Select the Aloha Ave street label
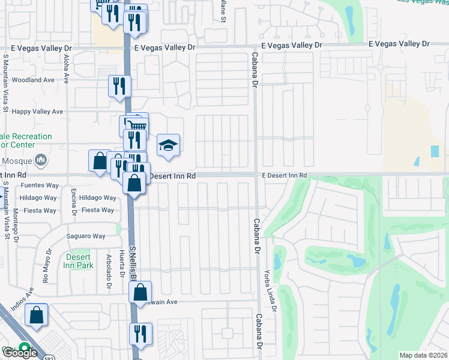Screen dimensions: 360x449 click(66, 67)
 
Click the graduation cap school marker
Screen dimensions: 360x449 click(169, 145)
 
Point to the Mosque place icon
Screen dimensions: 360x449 click(41, 160)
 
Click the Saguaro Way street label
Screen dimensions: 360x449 click(85, 236)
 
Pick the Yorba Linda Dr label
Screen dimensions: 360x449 click(275, 294)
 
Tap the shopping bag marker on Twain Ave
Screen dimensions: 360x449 click(140, 293)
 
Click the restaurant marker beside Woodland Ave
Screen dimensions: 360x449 click(119, 86)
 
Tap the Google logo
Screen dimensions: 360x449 click(19, 353)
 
